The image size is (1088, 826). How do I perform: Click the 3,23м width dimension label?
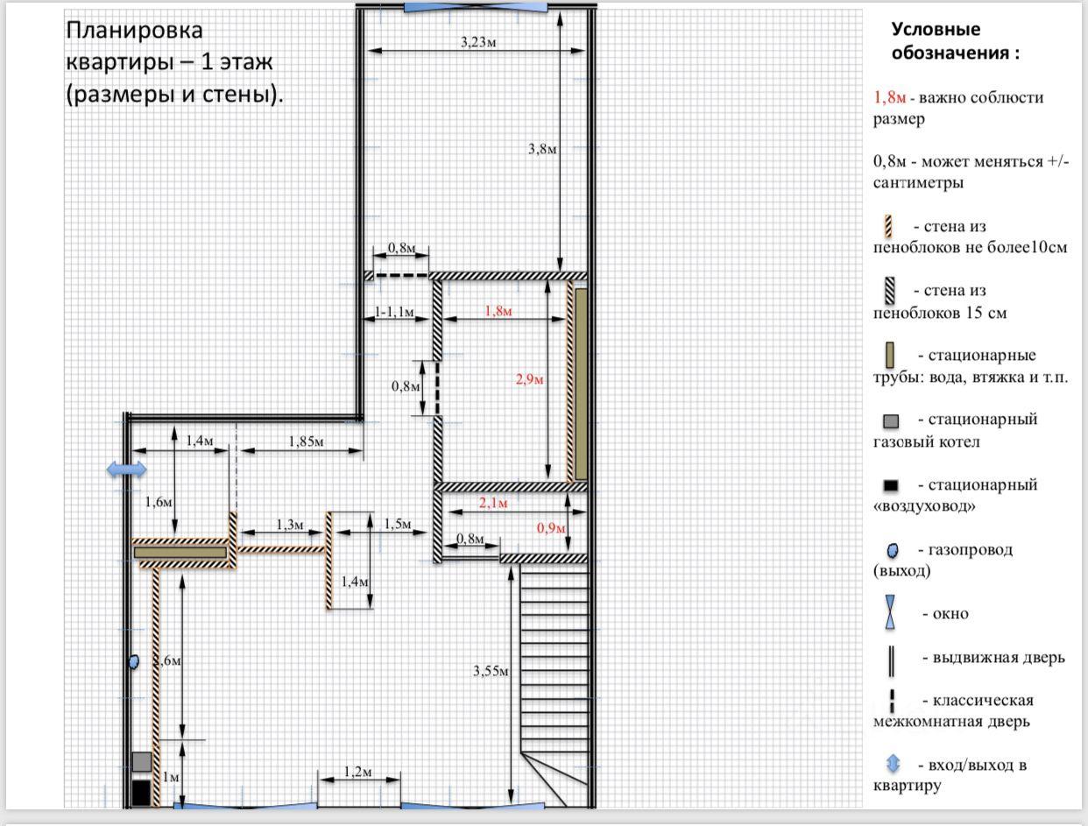point(477,42)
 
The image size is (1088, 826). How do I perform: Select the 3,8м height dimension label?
point(542,149)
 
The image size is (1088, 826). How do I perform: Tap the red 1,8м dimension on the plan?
point(498,311)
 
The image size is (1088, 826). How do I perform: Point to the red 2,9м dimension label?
point(529,379)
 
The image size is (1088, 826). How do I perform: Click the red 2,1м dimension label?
point(493,504)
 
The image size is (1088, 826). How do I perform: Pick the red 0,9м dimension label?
point(551,529)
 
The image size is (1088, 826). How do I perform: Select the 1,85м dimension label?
point(306,441)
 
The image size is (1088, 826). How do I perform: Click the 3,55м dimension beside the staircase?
point(491,672)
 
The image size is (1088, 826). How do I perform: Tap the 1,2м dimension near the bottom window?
point(357,772)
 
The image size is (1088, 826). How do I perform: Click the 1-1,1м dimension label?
point(394,312)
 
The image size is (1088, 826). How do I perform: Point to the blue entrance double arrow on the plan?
point(127,469)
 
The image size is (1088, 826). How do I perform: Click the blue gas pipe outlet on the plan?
point(134,662)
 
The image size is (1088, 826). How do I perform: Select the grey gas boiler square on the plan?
point(142,762)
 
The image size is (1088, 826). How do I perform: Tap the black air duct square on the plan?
point(141,793)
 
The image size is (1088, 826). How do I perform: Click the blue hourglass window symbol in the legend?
point(890,612)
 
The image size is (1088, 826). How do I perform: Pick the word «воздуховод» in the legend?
point(924,506)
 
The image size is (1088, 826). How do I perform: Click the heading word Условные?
point(936,29)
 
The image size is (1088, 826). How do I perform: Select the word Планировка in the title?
point(134,31)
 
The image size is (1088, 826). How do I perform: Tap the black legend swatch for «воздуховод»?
point(891,485)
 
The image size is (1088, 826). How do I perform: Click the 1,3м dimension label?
point(289,524)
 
